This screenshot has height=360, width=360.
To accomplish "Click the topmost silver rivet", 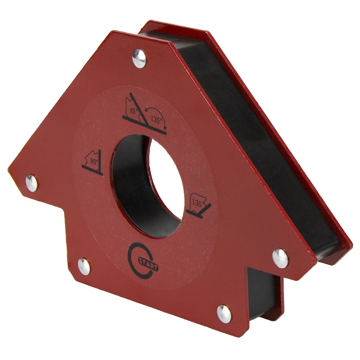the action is tap(139, 58).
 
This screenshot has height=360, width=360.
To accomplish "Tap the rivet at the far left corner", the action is tap(31, 183).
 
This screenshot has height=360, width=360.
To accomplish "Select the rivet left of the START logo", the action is tap(84, 266).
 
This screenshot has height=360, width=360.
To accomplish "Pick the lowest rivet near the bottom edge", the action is tap(224, 314).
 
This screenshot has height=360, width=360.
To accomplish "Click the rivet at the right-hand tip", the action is tap(280, 258).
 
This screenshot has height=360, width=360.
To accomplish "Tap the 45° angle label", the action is tap(134, 111).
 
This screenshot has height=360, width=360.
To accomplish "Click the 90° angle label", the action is tap(94, 161).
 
